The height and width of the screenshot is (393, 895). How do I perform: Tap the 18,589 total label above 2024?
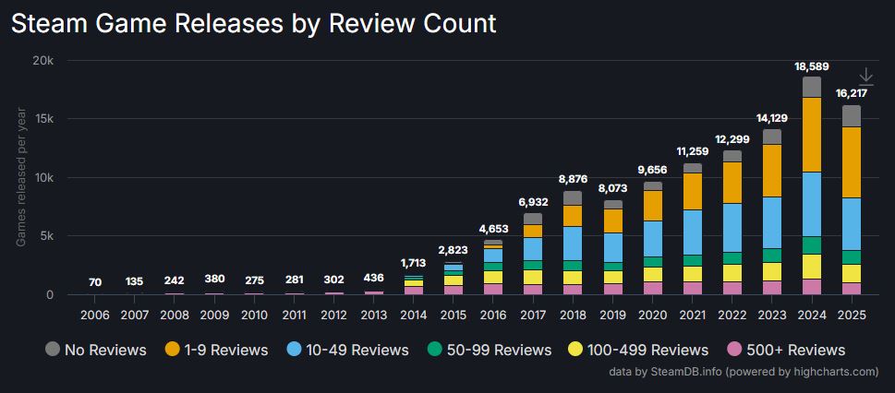(812, 66)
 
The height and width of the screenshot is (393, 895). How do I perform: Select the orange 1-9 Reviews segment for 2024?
(812, 135)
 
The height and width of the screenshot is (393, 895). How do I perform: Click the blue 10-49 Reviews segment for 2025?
(852, 224)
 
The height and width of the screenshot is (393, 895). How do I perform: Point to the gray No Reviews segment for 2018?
(573, 197)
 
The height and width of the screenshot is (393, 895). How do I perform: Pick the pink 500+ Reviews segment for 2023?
(772, 287)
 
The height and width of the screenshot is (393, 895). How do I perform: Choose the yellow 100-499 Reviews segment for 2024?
(812, 267)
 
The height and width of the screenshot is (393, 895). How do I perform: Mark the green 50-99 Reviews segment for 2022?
(732, 258)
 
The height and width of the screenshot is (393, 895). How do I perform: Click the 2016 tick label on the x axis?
(493, 315)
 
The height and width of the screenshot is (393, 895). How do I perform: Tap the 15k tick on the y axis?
(43, 119)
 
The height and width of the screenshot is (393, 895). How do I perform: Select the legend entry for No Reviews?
(95, 350)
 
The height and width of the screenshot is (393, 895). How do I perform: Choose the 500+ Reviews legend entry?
(785, 350)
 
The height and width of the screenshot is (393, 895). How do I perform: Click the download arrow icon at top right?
(866, 77)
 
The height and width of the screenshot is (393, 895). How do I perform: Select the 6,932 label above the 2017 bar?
(533, 201)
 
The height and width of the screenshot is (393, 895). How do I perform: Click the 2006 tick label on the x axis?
(95, 315)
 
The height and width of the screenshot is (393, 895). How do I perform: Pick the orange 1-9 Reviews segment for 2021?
(693, 191)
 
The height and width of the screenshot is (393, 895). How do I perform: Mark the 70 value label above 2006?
(95, 282)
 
